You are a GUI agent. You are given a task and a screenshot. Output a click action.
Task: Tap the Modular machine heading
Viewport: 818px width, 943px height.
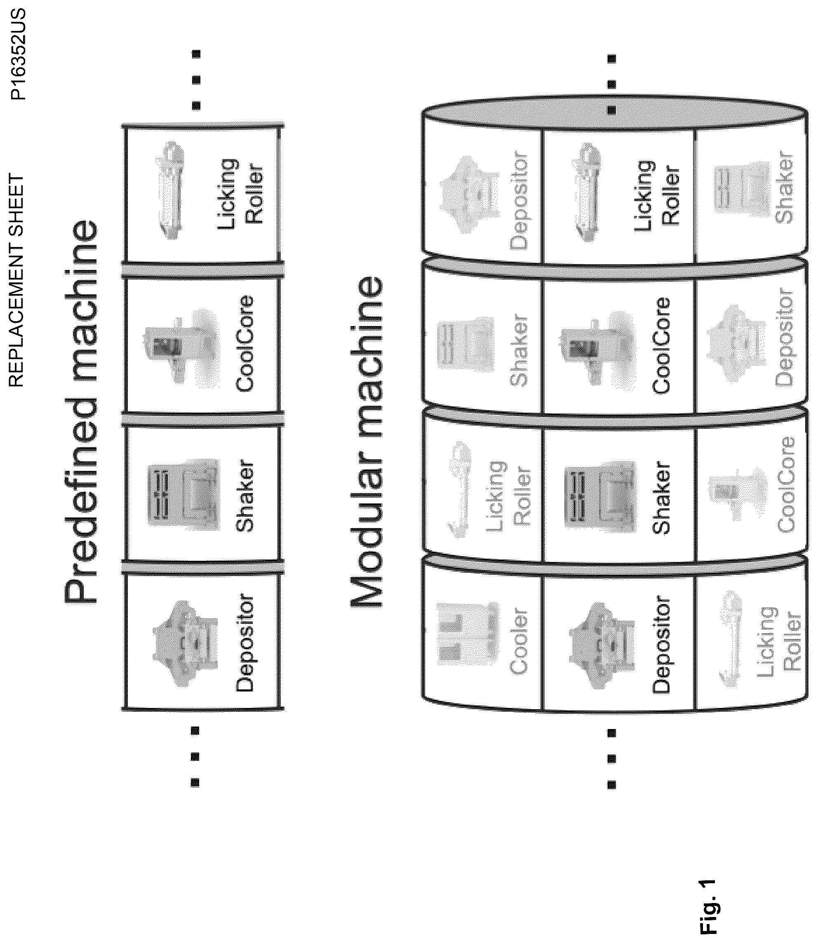tap(367, 442)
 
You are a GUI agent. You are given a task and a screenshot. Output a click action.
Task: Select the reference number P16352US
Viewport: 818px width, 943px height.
tap(19, 54)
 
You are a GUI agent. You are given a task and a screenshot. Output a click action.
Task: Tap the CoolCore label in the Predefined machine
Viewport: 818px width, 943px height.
tap(244, 343)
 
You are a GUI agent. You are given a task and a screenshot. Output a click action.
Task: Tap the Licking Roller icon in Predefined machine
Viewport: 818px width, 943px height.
tap(169, 190)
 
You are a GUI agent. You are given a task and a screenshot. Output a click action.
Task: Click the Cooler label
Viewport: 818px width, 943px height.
tap(519, 641)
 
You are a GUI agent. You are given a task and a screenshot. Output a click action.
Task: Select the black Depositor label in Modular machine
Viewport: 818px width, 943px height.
tap(661, 644)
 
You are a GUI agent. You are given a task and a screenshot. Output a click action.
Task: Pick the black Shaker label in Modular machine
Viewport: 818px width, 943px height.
tap(661, 497)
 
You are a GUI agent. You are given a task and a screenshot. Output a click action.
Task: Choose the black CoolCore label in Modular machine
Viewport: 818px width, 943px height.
tap(661, 346)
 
